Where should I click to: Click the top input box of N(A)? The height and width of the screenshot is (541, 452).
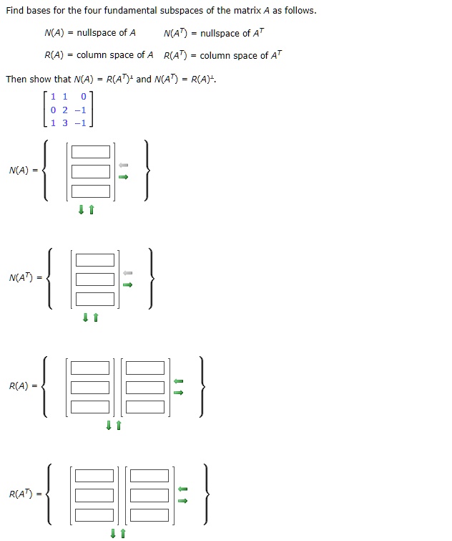click(x=91, y=152)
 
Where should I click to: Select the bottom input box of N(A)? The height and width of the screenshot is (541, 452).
click(x=91, y=191)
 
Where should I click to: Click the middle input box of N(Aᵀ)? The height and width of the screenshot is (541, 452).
click(x=95, y=279)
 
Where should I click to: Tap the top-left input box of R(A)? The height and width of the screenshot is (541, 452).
click(x=90, y=368)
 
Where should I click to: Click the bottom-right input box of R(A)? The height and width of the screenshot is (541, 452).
click(x=145, y=407)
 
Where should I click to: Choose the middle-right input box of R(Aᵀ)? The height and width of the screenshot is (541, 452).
click(x=149, y=495)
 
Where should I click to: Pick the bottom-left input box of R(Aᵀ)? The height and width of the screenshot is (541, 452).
click(x=94, y=515)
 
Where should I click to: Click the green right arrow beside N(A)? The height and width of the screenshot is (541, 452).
click(x=124, y=177)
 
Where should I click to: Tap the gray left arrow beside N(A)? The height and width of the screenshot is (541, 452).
click(x=124, y=166)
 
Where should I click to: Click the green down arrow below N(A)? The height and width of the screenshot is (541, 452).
click(x=82, y=209)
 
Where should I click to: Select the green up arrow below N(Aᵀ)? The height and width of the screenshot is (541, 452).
click(x=96, y=317)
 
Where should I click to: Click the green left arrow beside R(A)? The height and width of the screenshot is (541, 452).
click(x=178, y=381)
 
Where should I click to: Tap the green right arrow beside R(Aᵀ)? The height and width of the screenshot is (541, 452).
click(x=183, y=501)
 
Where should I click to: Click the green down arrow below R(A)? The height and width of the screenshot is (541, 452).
click(x=109, y=426)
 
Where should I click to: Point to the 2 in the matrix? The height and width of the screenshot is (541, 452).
click(x=65, y=110)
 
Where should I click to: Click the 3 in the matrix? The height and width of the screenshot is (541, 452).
click(x=65, y=123)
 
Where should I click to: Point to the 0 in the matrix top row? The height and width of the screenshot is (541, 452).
click(x=83, y=97)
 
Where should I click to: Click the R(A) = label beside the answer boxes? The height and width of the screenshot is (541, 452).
click(x=23, y=386)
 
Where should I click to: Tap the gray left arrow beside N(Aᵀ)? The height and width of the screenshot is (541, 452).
click(x=128, y=273)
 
